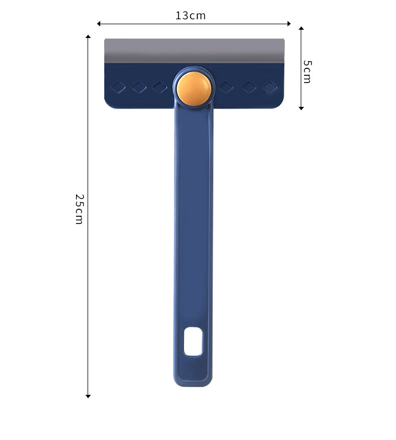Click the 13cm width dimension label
click(191, 16)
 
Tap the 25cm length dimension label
click(79, 209)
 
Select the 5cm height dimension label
click(307, 72)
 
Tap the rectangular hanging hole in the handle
click(193, 341)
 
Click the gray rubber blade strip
click(194, 51)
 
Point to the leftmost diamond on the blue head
click(118, 87)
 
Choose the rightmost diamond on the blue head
click(270, 87)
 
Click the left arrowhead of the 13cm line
click(99, 24)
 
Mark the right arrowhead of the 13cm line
click(289, 24)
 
